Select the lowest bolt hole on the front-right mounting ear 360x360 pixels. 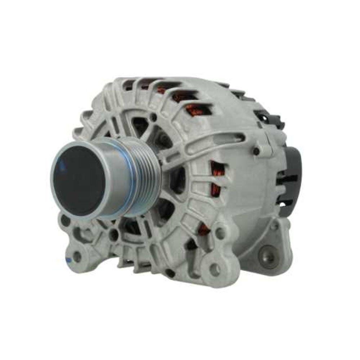215,270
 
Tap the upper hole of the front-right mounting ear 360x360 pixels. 220,233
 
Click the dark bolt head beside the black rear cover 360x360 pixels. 256,151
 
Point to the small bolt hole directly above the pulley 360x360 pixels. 154,117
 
